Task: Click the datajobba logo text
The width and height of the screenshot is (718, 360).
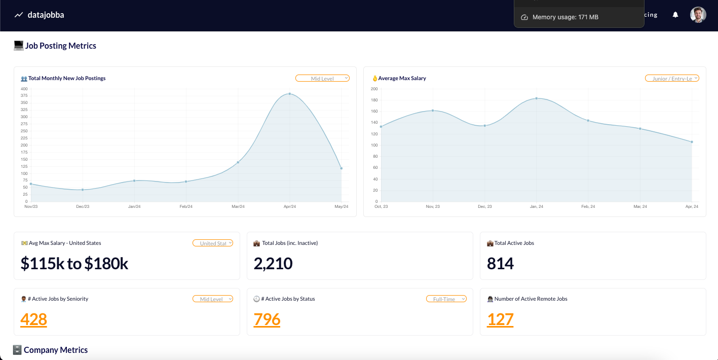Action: point(46,15)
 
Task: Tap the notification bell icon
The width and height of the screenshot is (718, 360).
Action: point(675,15)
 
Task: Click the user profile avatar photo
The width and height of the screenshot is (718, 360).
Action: point(698,15)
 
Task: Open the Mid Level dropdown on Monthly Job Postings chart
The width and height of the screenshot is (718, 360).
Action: point(322,79)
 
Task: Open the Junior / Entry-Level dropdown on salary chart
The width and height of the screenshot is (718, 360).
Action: point(672,79)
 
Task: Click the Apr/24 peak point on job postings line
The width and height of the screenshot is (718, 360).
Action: point(289,94)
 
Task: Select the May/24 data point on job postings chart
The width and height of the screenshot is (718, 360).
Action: point(342,168)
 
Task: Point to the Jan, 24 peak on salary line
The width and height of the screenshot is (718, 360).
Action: point(536,98)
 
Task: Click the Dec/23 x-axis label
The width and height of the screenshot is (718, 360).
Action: point(83,206)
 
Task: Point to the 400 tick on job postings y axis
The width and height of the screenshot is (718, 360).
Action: point(24,89)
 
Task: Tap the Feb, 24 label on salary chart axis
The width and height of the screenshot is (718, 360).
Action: point(588,206)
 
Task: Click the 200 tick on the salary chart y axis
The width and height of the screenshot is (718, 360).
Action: point(374,89)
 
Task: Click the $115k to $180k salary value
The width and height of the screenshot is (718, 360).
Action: point(74,264)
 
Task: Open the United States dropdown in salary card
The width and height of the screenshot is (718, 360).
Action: point(213,243)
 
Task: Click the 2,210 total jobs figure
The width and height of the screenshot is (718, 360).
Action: point(273,264)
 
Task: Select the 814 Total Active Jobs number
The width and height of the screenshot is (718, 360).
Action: point(500,264)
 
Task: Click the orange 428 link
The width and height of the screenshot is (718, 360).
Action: point(34,319)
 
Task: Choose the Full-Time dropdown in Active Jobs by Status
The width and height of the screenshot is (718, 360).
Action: point(446,299)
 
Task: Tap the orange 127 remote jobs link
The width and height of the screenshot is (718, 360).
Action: point(500,319)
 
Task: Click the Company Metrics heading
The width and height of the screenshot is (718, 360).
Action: point(56,350)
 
